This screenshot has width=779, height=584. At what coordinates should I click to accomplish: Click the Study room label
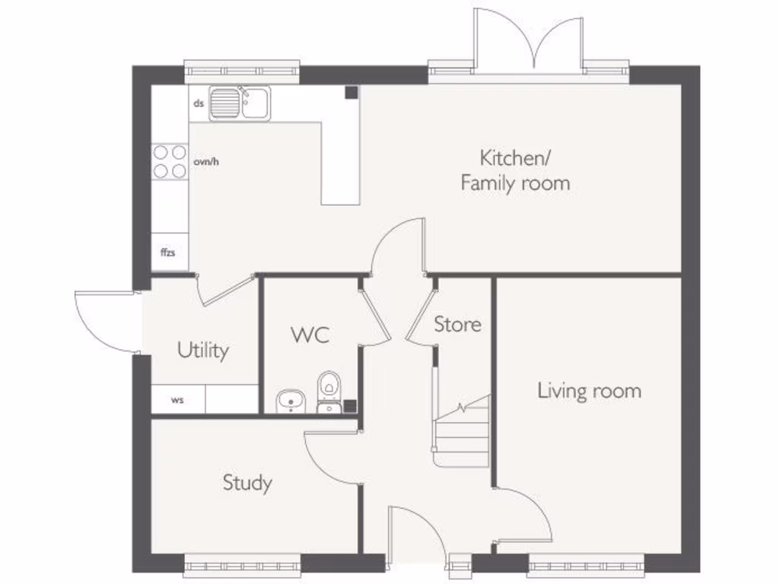[x=247, y=483]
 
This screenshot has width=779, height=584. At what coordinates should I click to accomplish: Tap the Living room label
[x=590, y=391]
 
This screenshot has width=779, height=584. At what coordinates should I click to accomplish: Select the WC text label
[x=310, y=335]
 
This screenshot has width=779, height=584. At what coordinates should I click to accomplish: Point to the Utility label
[x=202, y=351]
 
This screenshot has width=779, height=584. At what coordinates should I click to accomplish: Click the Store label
[x=457, y=324]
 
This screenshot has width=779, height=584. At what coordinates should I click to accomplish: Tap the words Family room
[x=515, y=182]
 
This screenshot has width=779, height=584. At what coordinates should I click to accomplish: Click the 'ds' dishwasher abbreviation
[x=199, y=103]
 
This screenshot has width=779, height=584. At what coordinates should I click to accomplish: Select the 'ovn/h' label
[x=206, y=161]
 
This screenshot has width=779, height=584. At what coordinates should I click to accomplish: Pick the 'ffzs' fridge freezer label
[x=168, y=252]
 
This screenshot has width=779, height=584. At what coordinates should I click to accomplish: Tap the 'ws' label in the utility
[x=177, y=400]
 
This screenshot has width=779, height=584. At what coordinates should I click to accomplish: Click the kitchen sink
[x=240, y=103]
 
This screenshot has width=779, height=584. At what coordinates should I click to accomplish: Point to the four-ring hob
[x=170, y=161]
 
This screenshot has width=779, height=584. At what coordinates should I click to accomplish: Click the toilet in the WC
[x=329, y=392]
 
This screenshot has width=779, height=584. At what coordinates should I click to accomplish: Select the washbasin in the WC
[x=291, y=401]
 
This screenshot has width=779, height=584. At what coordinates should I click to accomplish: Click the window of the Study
[x=243, y=566]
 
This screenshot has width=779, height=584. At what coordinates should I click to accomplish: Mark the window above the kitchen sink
[x=242, y=71]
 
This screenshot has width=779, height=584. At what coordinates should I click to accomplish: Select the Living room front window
[x=587, y=566]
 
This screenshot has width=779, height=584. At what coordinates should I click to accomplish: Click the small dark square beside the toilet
[x=350, y=406]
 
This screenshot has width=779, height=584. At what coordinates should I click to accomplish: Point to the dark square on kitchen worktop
[x=351, y=92]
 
